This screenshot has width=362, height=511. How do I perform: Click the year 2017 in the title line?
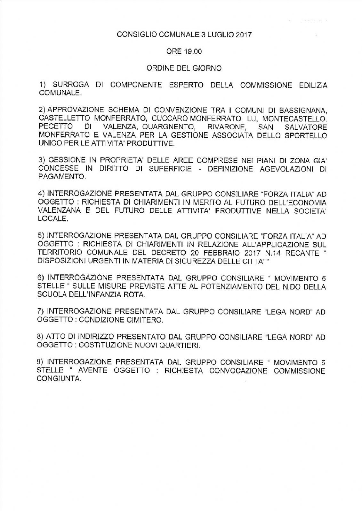244,34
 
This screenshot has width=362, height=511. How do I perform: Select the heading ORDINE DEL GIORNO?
184,68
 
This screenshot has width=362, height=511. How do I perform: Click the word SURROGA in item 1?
71,85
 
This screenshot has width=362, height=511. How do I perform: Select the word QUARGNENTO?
169,127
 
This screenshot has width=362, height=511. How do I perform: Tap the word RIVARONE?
226,127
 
